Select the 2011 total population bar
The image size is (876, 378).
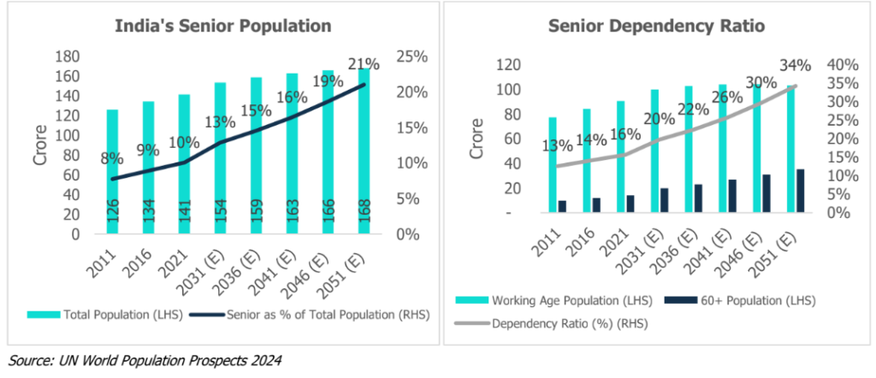(x=112, y=171)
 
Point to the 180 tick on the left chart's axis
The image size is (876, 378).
(x=68, y=56)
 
